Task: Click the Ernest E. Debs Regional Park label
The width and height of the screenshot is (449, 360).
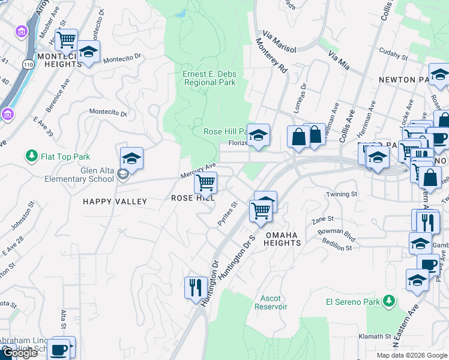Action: [209, 78]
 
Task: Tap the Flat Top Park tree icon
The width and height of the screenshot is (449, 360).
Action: [31, 157]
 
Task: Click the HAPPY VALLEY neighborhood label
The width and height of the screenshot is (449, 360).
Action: [115, 202]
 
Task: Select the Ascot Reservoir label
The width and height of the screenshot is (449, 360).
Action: [274, 302]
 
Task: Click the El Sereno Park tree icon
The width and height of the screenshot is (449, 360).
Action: [390, 300]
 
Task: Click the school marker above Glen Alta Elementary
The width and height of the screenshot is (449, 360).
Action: [131, 158]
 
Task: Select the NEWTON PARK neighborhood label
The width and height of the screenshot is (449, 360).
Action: [405, 80]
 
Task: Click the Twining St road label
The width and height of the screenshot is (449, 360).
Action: [342, 194]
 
